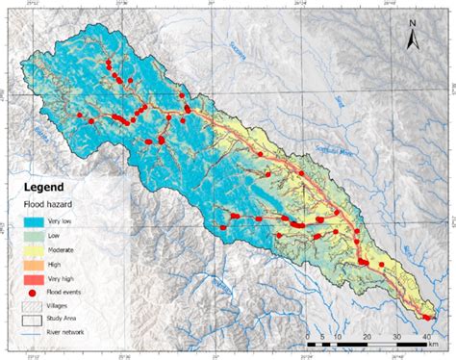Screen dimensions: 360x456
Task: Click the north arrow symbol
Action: coord(413,39)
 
